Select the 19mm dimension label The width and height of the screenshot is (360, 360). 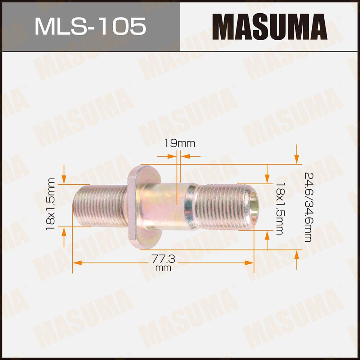pyautogui.click(x=180, y=144)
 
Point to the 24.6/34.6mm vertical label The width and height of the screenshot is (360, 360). pyautogui.click(x=308, y=207)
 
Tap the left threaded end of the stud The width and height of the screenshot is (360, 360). pyautogui.click(x=99, y=206)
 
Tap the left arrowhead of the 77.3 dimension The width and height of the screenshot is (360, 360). pyautogui.click(x=76, y=263)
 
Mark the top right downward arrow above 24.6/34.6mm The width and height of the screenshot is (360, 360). pyautogui.click(x=296, y=158)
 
